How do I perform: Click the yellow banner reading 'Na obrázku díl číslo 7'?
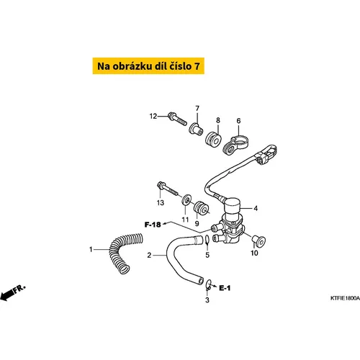pyautogui.click(x=148, y=66)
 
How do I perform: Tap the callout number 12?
pyautogui.click(x=153, y=116)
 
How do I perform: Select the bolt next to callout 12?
pyautogui.click(x=177, y=119)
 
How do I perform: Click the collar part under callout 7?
pyautogui.click(x=196, y=130)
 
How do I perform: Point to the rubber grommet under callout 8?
pyautogui.click(x=213, y=140)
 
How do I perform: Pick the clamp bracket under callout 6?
pyautogui.click(x=236, y=146)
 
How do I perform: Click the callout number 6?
pyautogui.click(x=238, y=121)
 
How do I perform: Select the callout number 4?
pyautogui.click(x=256, y=208)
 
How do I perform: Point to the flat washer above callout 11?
pyautogui.click(x=186, y=200)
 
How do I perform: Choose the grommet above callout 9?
pyautogui.click(x=201, y=209)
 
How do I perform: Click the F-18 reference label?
pyautogui.click(x=153, y=225)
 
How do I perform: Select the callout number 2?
pyautogui.click(x=149, y=255)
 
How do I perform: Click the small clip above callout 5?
pyautogui.click(x=207, y=240)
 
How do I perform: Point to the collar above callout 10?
pyautogui.click(x=258, y=241)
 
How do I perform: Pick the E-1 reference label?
pyautogui.click(x=225, y=288)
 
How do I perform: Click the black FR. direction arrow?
pyautogui.click(x=12, y=293)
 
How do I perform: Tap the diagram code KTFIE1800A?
pyautogui.click(x=345, y=298)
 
